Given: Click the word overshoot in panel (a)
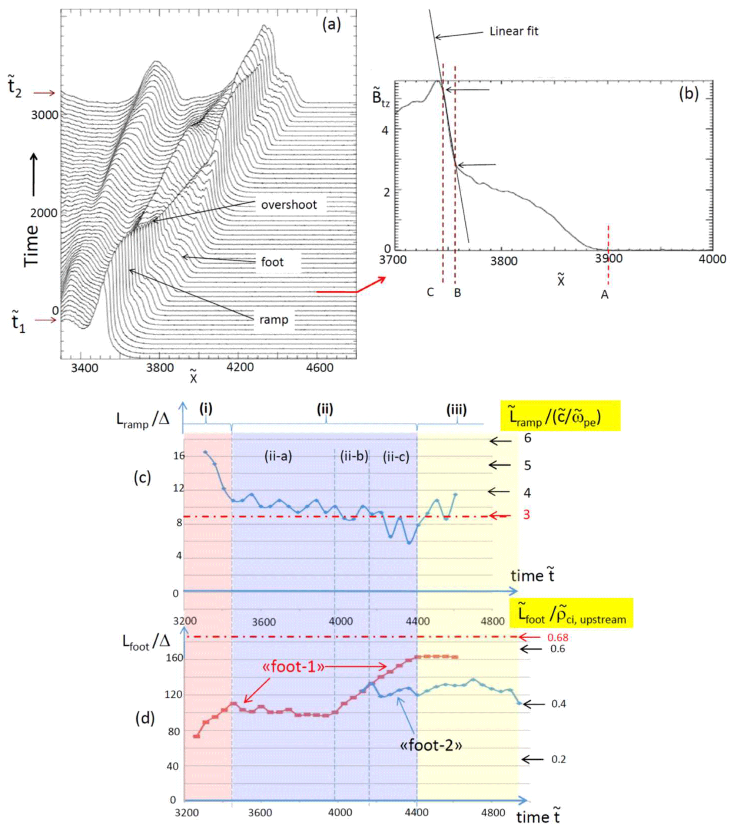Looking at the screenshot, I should click(x=289, y=205).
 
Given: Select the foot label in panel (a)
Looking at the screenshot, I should click(x=272, y=262).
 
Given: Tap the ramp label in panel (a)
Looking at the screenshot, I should click(x=273, y=320).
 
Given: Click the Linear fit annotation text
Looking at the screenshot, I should click(x=514, y=32).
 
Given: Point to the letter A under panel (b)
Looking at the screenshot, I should click(x=604, y=294).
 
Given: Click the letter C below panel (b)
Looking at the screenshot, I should click(x=430, y=293).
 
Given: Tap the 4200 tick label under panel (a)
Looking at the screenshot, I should click(x=240, y=368).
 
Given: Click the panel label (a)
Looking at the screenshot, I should click(x=331, y=25).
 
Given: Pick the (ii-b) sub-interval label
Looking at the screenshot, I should click(x=354, y=456).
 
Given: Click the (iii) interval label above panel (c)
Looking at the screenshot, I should click(x=456, y=409).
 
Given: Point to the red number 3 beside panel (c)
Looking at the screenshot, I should click(x=527, y=515).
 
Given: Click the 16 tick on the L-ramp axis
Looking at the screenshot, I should click(x=179, y=455).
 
